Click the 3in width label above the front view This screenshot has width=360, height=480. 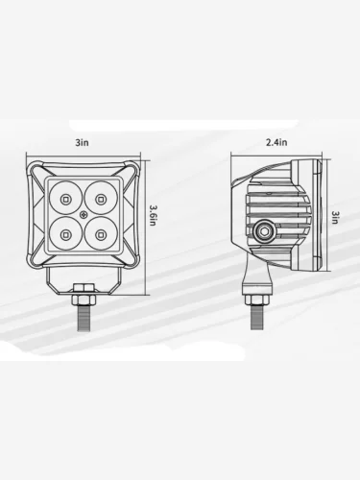pos(82,142)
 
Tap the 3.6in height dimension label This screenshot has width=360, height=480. pos(153,215)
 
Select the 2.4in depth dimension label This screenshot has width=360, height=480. pos(276,142)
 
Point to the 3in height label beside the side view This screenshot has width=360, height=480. pos(335,217)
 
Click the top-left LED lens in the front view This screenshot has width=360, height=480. pos(65,199)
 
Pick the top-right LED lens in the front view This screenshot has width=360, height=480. pos(101,199)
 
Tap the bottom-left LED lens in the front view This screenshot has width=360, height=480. pos(65,234)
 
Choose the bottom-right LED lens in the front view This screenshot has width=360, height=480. pos(101,234)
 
